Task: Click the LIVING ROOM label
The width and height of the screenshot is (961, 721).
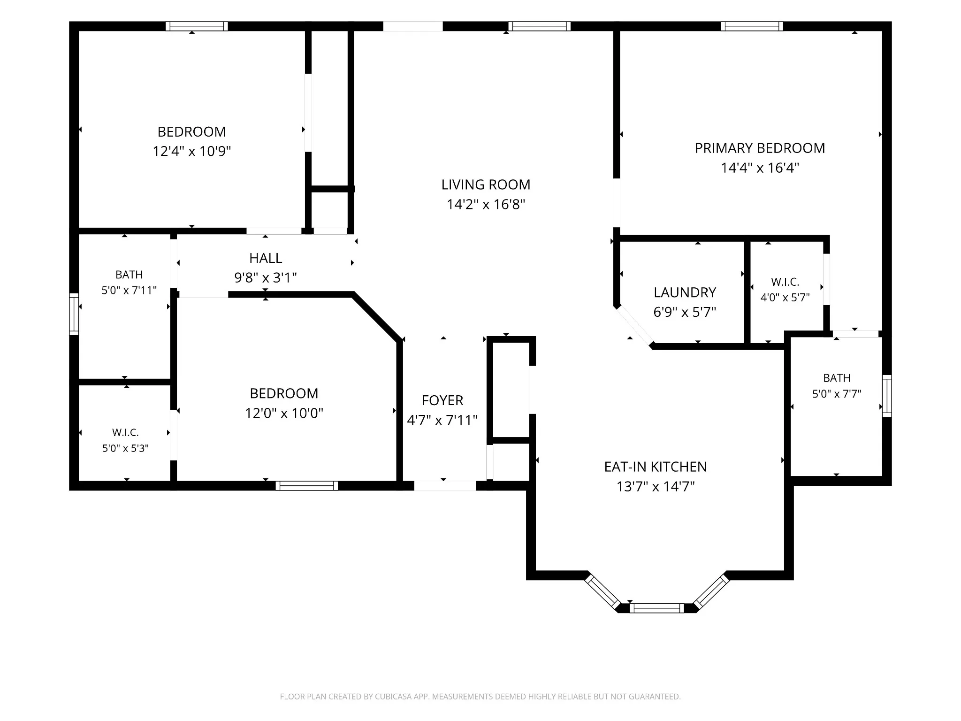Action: pos(486,184)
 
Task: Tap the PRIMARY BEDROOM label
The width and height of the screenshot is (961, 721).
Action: pos(760,148)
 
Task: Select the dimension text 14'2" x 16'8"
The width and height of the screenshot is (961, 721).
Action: pos(486,204)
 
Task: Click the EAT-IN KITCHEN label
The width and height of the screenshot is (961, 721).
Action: pos(656,467)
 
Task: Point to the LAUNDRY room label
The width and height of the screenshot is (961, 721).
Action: pos(685,292)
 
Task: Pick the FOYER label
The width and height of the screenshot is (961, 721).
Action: pos(442,400)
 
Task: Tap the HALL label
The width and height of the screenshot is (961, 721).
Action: pos(266,258)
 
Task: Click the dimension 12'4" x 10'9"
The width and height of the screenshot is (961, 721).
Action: pos(192,151)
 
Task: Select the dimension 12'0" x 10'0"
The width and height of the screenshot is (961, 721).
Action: pos(284,413)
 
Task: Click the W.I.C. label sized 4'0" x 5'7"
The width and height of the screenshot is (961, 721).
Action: pos(785,282)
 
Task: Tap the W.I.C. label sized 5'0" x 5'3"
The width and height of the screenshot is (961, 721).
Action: pos(125,432)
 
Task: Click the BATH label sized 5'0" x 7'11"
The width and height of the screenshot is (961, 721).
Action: pos(129,275)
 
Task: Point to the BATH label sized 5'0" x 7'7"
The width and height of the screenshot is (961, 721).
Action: pos(837,378)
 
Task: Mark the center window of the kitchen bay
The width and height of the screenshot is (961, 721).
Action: pos(656,608)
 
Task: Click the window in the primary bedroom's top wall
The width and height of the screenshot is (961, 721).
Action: pos(752,26)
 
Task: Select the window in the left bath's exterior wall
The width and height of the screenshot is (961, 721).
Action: pos(74,314)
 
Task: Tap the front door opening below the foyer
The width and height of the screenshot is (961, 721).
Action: pos(445,486)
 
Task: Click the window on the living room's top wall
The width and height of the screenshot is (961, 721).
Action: pos(540,26)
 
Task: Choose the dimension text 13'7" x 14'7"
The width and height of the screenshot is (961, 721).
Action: pos(656,486)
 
